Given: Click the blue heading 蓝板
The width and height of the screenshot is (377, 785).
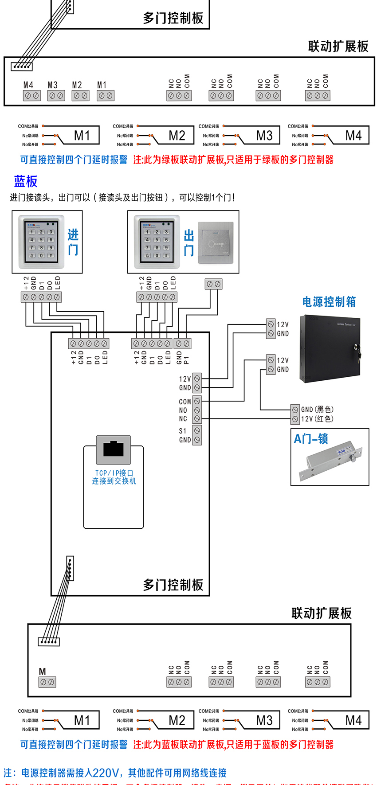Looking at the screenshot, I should click(26, 181).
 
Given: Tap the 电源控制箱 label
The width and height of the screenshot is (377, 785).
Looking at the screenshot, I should click(329, 302).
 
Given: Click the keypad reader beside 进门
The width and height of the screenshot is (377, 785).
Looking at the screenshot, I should click(41, 242).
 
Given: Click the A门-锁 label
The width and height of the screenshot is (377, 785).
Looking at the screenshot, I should click(311, 439).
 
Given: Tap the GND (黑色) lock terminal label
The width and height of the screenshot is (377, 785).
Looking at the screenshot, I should click(317, 410).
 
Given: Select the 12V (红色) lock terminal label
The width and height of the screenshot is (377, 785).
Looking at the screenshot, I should click(317, 419).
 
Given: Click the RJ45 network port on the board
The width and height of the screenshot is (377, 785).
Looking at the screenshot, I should click(114, 449).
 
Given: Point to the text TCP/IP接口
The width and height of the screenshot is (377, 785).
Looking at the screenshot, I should click(114, 473).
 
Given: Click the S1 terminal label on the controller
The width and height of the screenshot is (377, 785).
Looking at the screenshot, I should click(183, 431).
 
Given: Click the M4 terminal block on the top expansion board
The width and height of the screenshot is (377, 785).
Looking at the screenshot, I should click(32, 95).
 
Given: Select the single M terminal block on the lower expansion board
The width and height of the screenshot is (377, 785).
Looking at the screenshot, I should click(47, 682).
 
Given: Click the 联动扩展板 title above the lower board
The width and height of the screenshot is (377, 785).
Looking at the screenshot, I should click(322, 613).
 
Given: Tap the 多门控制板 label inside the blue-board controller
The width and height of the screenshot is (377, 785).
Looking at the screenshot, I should click(173, 585).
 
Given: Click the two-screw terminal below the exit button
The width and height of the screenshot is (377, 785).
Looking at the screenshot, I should click(214, 284).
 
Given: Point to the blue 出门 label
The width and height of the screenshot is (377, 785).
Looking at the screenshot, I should click(189, 243).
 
